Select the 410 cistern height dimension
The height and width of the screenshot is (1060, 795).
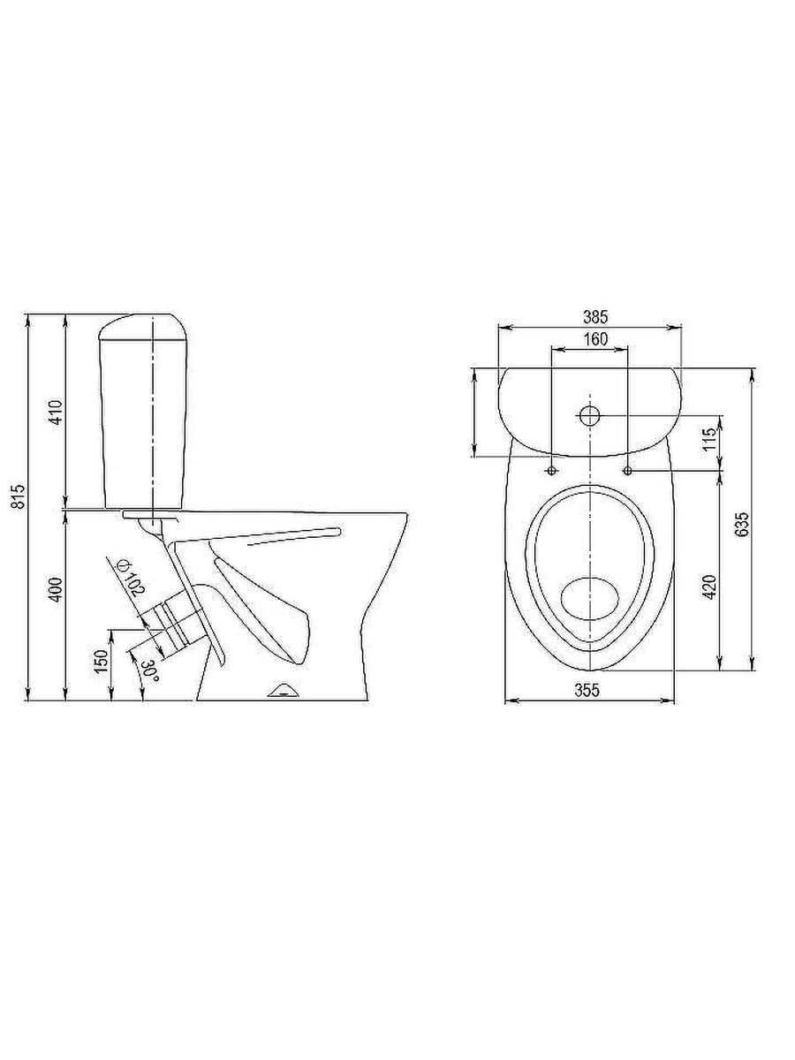tap(57, 412)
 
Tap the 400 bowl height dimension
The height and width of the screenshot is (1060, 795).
tap(57, 588)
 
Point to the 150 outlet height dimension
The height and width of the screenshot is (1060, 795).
tap(101, 662)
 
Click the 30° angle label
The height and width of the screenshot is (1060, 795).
tap(150, 670)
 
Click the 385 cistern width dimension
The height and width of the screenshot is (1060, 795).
tap(595, 317)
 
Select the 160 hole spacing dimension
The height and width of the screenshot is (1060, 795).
tap(595, 339)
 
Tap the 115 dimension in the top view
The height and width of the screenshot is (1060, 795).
tap(709, 439)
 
